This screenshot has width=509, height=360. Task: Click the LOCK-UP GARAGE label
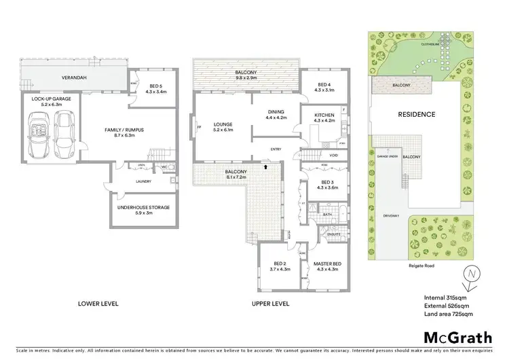(x=46, y=98)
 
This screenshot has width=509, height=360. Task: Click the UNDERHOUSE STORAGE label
(x=143, y=207)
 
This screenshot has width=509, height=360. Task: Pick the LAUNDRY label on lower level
(x=143, y=181)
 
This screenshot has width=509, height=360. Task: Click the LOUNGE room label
(x=222, y=125)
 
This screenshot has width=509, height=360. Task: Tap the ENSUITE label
(x=332, y=234)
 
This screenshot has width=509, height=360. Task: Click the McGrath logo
(x=458, y=337)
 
